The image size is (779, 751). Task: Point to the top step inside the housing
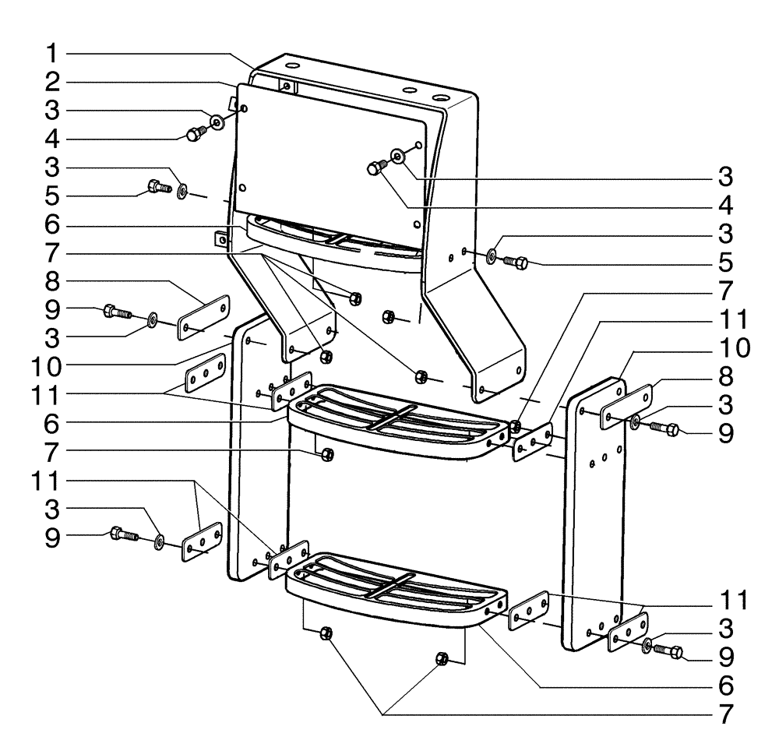pos(335,238)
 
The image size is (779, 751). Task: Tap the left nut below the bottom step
pos(326,633)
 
